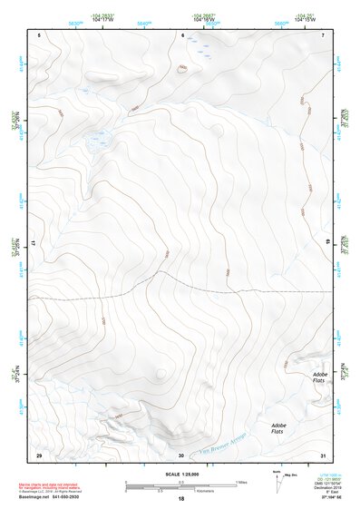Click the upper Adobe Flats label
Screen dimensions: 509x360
click(x=319, y=377)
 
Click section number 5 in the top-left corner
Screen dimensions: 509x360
click(x=40, y=35)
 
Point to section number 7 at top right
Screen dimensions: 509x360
click(x=322, y=35)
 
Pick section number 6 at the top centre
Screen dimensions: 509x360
click(x=182, y=35)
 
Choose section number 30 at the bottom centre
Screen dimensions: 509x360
click(x=181, y=455)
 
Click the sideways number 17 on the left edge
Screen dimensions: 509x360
click(x=38, y=243)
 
